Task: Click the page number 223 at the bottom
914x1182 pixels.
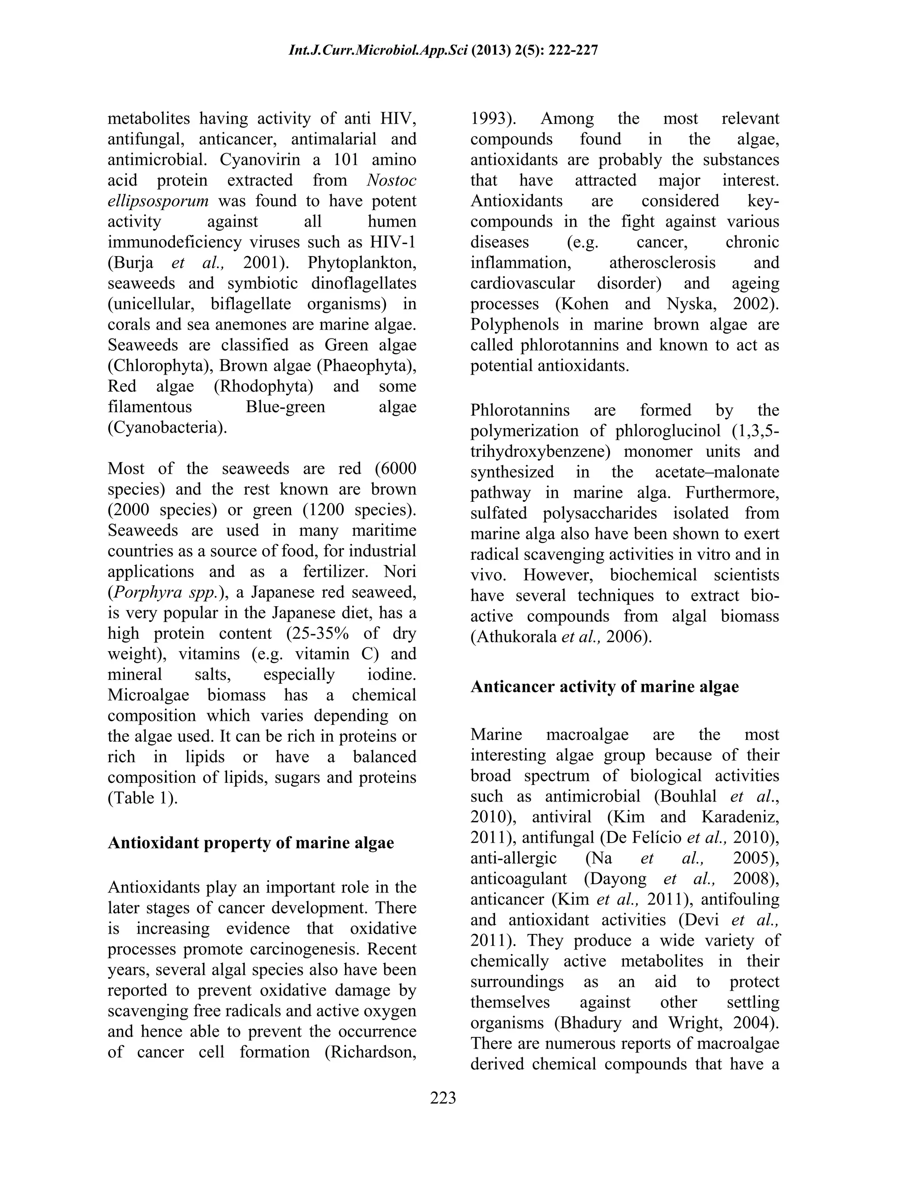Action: coord(443,1098)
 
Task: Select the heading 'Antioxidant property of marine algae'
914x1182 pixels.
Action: coord(251,843)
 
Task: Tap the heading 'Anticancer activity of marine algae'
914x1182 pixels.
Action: coord(604,686)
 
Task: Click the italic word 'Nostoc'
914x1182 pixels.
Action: coord(391,180)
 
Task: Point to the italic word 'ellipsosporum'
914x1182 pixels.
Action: coord(158,201)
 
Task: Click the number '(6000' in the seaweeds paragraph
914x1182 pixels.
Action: coord(395,468)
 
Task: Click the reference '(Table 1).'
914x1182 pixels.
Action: coord(142,798)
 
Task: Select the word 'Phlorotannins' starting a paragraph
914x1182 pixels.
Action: coord(520,410)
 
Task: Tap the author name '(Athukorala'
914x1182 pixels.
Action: coord(513,636)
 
